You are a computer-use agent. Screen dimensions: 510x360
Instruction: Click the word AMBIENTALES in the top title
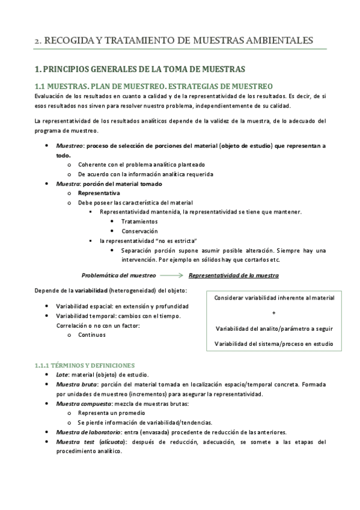[278, 41]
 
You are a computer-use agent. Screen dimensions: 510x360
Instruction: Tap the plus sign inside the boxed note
[273, 313]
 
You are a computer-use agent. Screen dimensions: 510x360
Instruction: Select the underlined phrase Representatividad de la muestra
[233, 275]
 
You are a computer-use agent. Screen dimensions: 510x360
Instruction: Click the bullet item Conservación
[139, 231]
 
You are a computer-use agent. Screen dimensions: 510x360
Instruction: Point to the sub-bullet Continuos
[92, 336]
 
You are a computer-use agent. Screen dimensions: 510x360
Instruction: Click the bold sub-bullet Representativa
[99, 193]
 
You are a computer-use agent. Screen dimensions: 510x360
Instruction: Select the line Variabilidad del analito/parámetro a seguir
[273, 328]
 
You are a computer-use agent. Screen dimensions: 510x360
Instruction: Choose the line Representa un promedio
[111, 413]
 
